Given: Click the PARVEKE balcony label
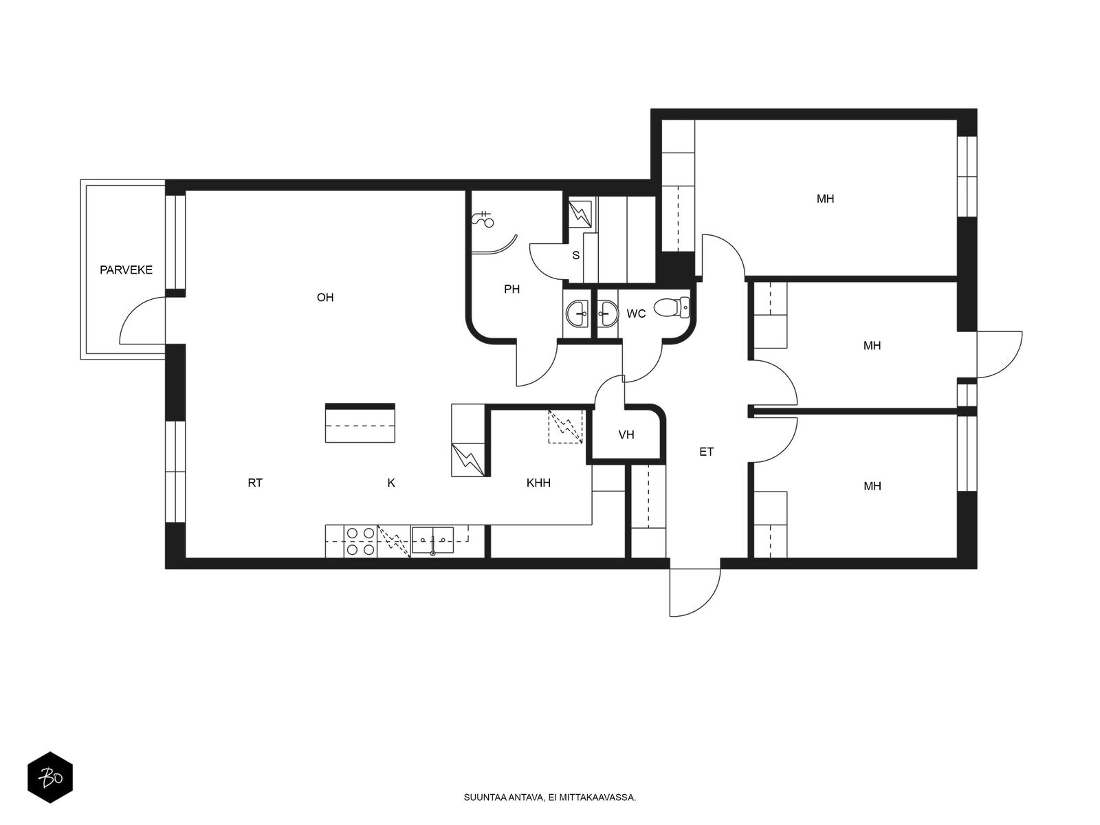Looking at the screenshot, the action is point(126,270).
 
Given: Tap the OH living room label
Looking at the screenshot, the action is point(324,298).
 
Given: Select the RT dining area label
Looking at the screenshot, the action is point(255,483).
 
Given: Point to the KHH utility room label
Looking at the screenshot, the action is point(538,483).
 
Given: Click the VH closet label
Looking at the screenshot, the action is point(626,434).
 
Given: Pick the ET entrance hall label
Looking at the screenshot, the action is point(706,452).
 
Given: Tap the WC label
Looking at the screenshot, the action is point(636,313).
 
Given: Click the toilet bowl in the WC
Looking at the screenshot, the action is point(672,307).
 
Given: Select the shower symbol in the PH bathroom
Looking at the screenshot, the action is point(483,219).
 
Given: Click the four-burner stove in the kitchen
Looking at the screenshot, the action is point(360,541).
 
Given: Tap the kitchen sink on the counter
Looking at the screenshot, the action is point(432,540).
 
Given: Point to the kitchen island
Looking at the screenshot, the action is point(360,423).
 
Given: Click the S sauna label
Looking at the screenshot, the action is point(576,256).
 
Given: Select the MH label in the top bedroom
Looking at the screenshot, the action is point(826,199).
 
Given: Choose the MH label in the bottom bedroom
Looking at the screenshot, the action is point(872,486).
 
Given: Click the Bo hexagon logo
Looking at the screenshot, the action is point(50,778).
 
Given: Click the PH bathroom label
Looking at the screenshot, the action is point(511,289).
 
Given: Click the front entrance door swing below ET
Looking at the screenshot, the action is point(694,593).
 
